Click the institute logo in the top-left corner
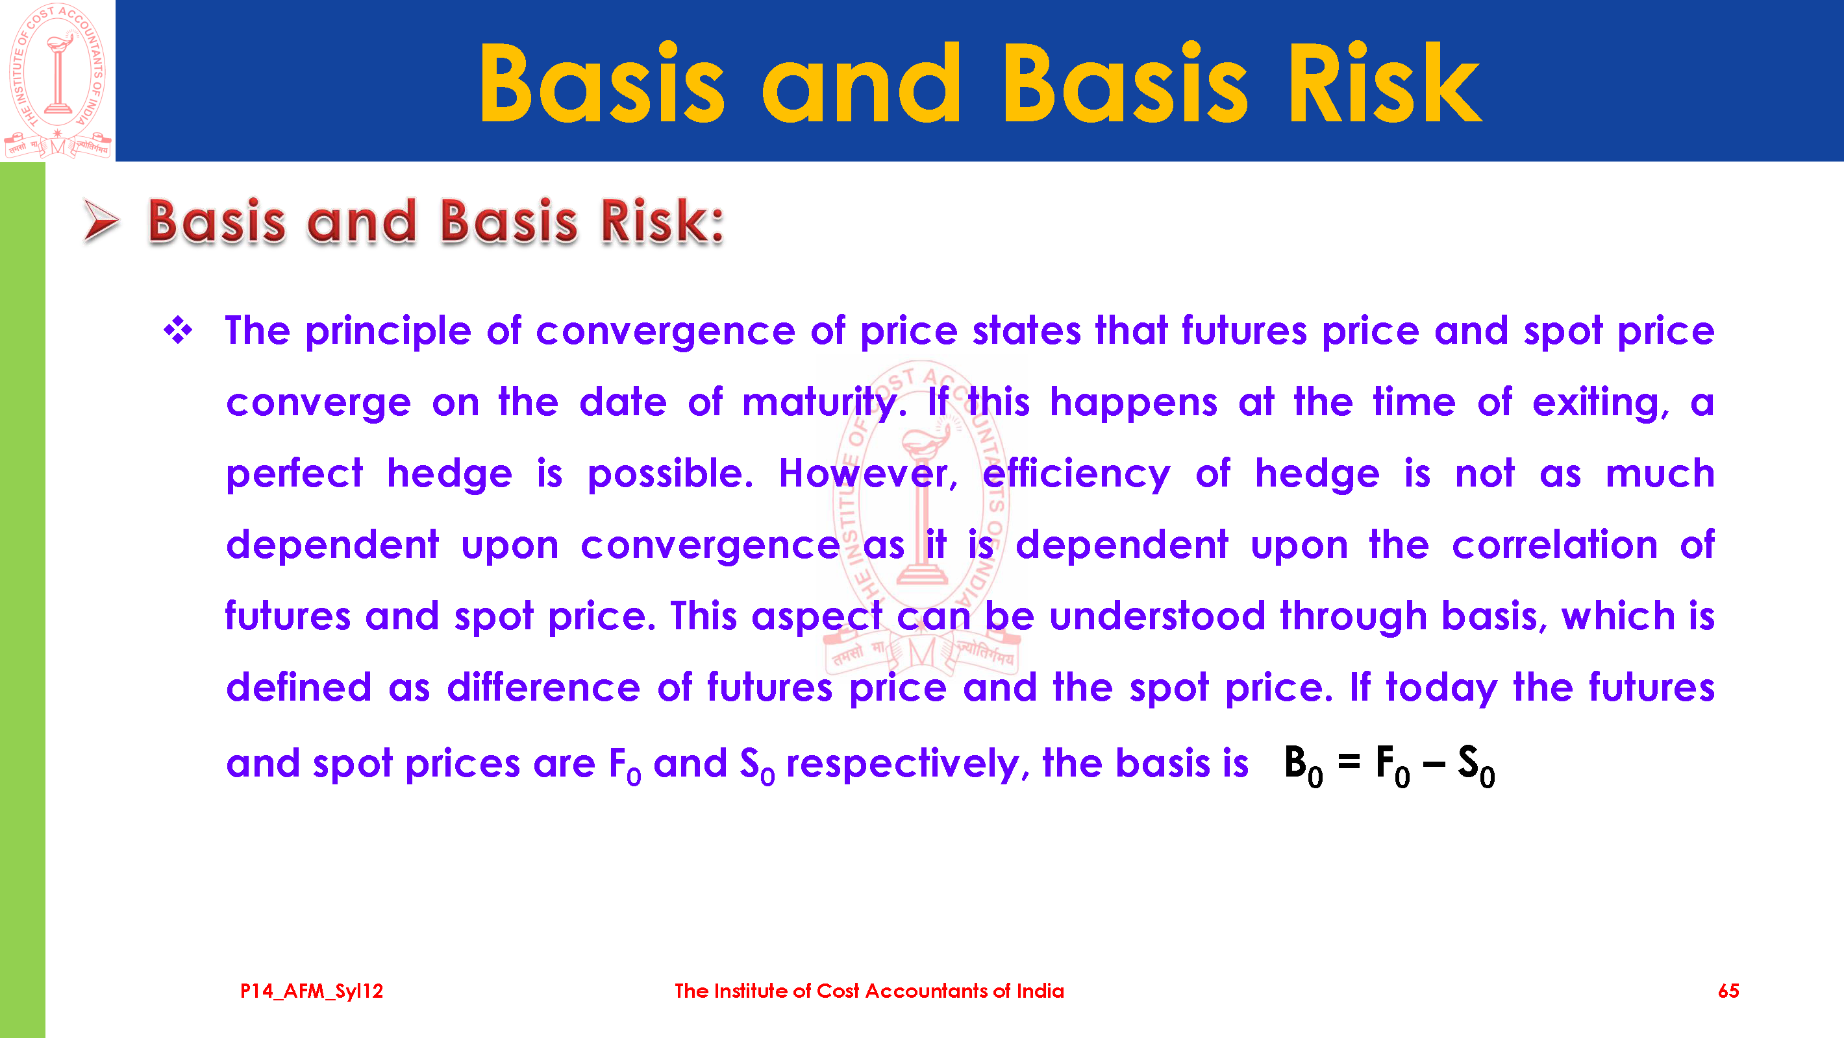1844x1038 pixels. click(x=57, y=80)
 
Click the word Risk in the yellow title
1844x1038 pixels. click(x=1384, y=83)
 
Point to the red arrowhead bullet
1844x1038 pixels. click(x=101, y=221)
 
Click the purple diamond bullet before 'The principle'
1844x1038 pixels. click(x=177, y=330)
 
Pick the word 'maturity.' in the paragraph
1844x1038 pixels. click(x=825, y=404)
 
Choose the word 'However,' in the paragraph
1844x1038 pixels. click(x=868, y=474)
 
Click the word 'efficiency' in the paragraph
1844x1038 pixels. click(x=1076, y=475)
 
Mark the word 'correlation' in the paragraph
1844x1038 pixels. click(x=1555, y=545)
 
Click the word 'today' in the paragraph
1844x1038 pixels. click(x=1441, y=688)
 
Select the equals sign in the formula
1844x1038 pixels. click(x=1349, y=761)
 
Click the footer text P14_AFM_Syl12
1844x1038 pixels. click(x=312, y=991)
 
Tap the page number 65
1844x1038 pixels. click(x=1728, y=991)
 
